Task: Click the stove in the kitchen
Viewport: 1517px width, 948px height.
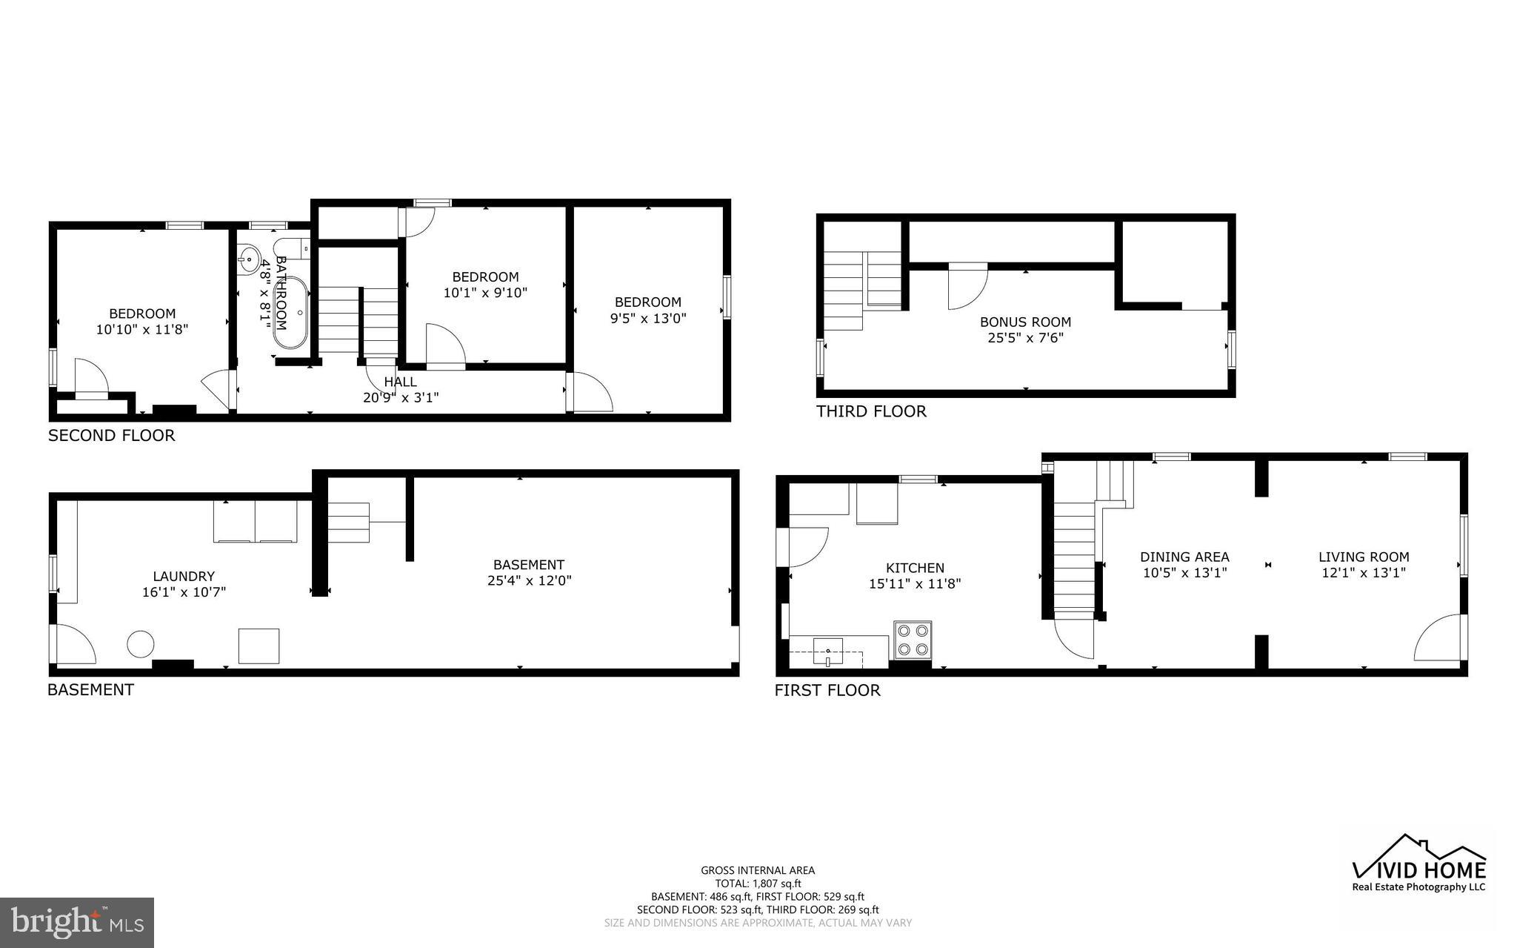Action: pos(913,640)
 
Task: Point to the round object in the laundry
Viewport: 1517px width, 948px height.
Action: pos(140,643)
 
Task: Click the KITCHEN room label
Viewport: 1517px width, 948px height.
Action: pos(915,569)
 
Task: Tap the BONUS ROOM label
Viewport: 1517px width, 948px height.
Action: pos(1025,322)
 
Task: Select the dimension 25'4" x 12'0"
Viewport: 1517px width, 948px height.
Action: pos(529,581)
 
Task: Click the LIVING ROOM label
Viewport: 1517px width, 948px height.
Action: pos(1363,557)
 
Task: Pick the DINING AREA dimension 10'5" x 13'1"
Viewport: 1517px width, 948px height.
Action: pos(1184,573)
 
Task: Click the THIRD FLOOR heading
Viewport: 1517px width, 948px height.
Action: pos(871,411)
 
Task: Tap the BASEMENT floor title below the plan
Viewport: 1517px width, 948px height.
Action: pos(90,690)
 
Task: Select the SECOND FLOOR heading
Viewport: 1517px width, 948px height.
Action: pos(111,436)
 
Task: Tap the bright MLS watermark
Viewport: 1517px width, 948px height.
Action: pos(77,922)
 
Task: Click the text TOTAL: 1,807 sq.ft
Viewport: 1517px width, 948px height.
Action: pos(758,884)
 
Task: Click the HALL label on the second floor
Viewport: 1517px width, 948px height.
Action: pos(400,382)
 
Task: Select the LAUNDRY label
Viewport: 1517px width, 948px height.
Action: pos(184,577)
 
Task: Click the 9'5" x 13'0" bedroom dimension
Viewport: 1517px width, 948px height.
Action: pos(648,319)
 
